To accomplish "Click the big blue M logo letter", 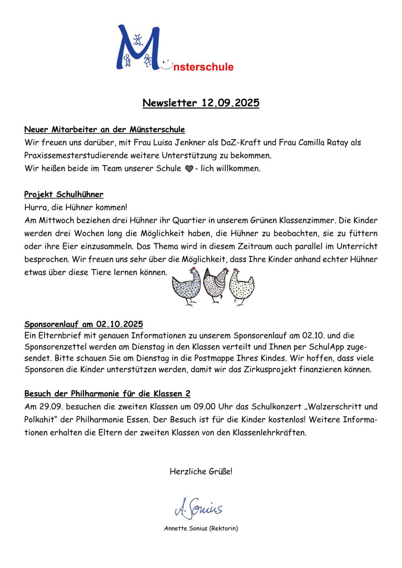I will (x=138, y=48).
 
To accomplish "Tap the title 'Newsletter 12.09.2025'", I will (x=201, y=103).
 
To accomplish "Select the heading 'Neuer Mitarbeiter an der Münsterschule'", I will (x=104, y=130).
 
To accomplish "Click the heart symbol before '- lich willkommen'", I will (x=189, y=169).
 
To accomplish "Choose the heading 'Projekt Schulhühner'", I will (x=64, y=194).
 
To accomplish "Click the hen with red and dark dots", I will (x=216, y=285).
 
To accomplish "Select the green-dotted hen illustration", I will (x=241, y=287).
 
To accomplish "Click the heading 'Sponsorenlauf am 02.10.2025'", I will (x=84, y=324).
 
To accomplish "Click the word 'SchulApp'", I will (x=326, y=347).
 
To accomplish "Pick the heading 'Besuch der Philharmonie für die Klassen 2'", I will (x=107, y=394).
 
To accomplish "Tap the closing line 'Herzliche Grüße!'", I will (x=201, y=471).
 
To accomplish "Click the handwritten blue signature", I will (x=199, y=508).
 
